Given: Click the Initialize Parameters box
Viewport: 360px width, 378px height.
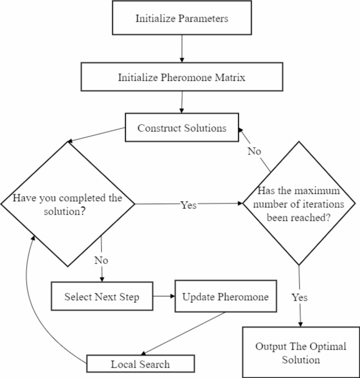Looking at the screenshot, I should pos(182,19).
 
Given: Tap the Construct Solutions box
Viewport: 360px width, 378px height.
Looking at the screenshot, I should pos(181,128).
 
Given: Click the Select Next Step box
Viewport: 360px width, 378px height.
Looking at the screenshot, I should pos(102,297).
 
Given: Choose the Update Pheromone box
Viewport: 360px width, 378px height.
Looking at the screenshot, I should pos(225,297).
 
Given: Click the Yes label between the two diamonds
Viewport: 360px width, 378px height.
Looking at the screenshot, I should pos(188,205).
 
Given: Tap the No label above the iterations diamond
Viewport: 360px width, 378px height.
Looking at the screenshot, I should pos(255,151).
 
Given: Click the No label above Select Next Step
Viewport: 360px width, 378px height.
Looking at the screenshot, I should pos(101,260).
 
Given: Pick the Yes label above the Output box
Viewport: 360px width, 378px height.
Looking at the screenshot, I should pos(300,297).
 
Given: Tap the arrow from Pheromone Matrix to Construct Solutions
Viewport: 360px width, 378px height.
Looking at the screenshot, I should pos(182,102).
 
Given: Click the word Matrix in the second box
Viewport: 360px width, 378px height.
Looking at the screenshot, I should pos(228,77).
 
